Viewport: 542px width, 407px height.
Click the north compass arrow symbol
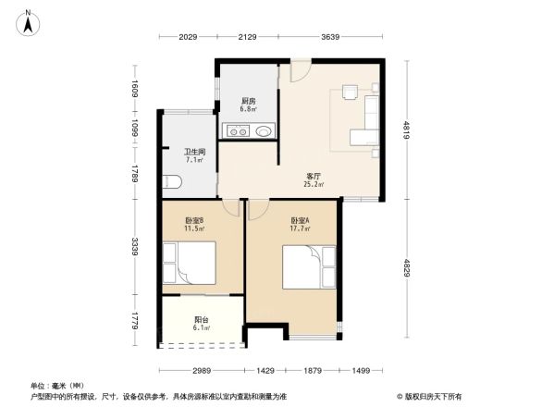tap(29, 21)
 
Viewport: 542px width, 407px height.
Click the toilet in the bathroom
tap(169, 179)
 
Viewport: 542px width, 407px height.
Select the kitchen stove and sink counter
tap(247, 130)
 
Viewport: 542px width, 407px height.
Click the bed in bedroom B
tap(189, 263)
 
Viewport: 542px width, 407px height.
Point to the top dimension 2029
tap(189, 37)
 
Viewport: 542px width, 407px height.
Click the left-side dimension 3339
tap(136, 248)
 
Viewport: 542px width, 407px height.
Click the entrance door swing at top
tap(300, 70)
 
